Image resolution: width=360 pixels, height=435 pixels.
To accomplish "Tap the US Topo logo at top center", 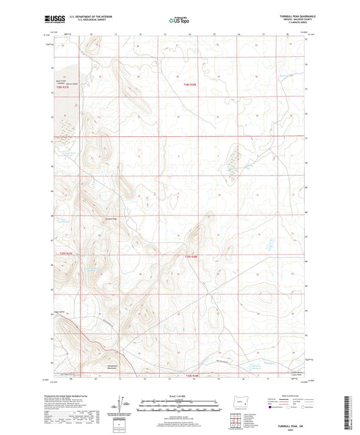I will (x=178, y=21).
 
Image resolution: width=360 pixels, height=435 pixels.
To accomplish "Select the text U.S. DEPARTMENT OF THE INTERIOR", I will (x=93, y=17).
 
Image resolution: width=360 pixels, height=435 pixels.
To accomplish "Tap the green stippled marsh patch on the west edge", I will (x=66, y=126).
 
